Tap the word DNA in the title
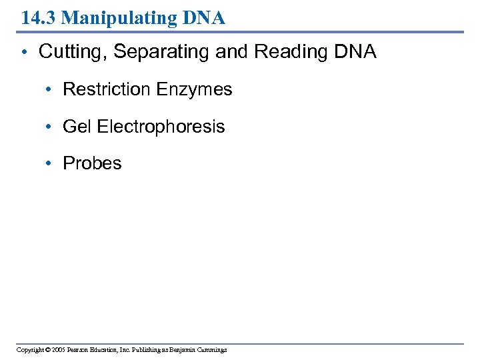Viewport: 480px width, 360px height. point(205,18)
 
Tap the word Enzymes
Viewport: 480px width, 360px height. point(197,89)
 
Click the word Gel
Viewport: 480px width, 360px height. point(77,127)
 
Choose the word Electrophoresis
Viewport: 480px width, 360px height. point(161,127)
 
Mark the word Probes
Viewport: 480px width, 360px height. point(92,163)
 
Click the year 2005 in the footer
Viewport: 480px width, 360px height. point(57,349)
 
